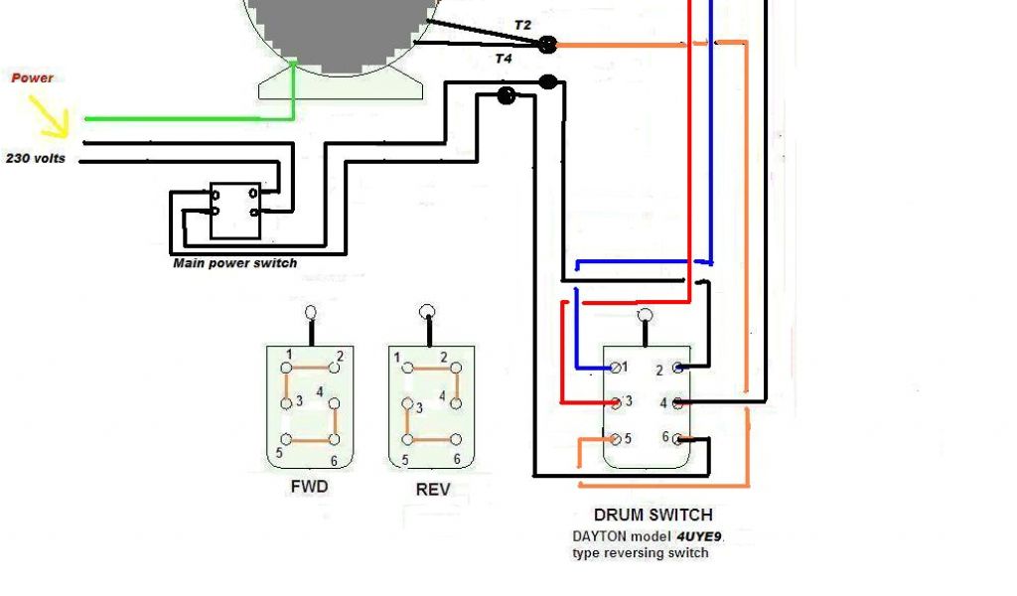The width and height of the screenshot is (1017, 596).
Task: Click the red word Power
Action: tap(32, 77)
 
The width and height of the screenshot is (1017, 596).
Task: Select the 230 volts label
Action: tap(36, 158)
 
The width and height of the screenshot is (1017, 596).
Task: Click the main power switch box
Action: tap(235, 211)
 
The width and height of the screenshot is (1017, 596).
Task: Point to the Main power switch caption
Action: tap(234, 263)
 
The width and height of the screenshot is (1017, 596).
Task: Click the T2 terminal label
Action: tap(523, 24)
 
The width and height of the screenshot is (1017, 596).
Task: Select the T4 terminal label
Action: tap(504, 60)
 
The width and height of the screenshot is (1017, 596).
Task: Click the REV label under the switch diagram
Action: tap(432, 489)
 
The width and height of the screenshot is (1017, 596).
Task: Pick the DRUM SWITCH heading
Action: tap(653, 515)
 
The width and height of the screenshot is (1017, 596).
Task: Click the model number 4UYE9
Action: tap(701, 535)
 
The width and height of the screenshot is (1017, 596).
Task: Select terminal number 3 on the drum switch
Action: tap(628, 402)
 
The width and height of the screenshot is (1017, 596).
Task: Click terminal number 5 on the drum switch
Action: tap(628, 438)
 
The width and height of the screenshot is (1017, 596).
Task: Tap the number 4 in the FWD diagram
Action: tap(320, 392)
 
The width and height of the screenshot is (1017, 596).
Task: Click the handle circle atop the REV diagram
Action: tap(428, 310)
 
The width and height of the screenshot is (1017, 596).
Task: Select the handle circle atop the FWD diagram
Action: tap(311, 311)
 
